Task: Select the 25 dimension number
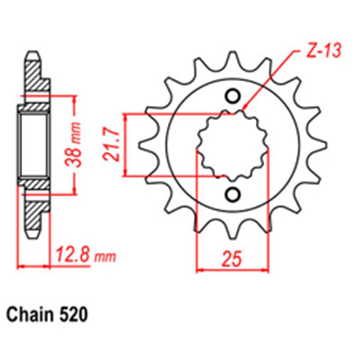point(232,260)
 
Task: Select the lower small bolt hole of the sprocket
point(232,194)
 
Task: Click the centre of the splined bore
point(232,145)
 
